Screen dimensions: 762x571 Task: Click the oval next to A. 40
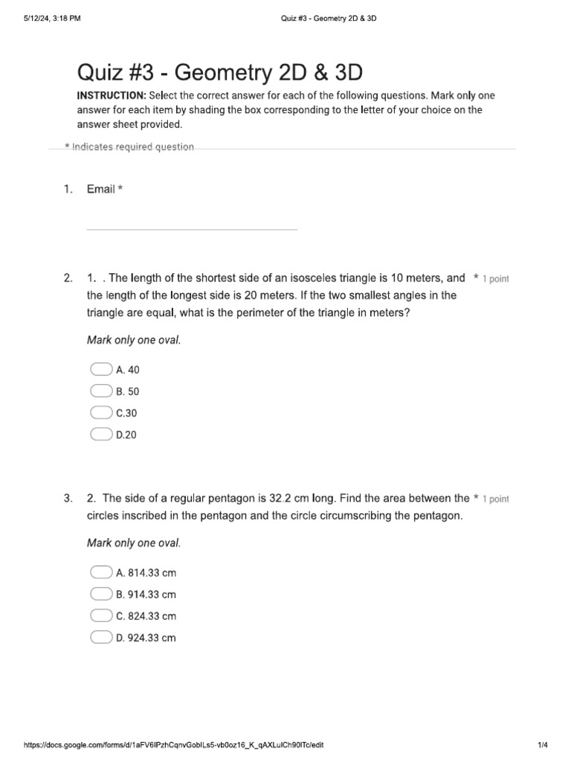pyautogui.click(x=100, y=369)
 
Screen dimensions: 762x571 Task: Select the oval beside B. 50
pyautogui.click(x=100, y=391)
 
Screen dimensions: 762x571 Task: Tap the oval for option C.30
pyautogui.click(x=100, y=412)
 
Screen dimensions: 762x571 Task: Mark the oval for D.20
pyautogui.click(x=100, y=434)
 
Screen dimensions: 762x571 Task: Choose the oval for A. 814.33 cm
pyautogui.click(x=100, y=572)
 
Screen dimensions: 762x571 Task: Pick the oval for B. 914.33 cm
pyautogui.click(x=100, y=594)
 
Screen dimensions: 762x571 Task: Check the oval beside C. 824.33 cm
pyautogui.click(x=100, y=615)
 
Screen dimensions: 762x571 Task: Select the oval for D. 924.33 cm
pyautogui.click(x=100, y=637)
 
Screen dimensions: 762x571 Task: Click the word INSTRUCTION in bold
pyautogui.click(x=112, y=96)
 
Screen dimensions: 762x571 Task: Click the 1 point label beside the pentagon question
pyautogui.click(x=495, y=499)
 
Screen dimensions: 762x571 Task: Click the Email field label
pyautogui.click(x=101, y=189)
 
